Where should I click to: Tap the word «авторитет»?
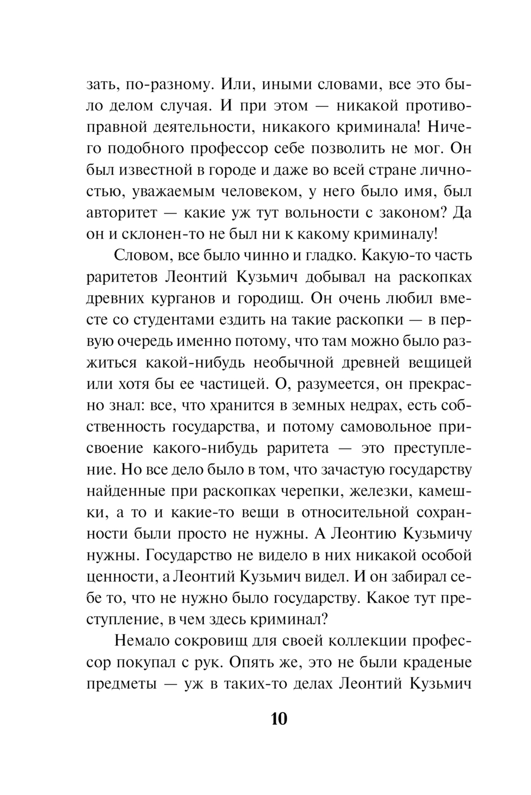[122, 213]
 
